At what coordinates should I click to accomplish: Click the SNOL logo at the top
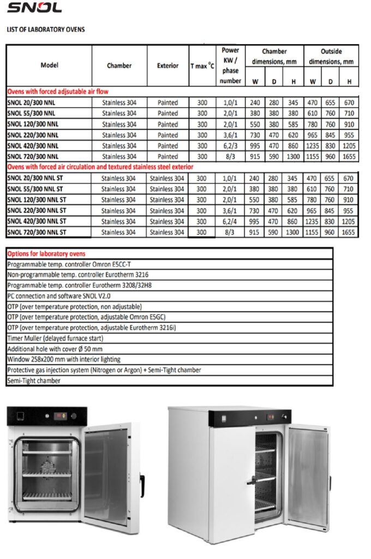34,7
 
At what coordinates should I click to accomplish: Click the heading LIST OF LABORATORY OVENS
46,29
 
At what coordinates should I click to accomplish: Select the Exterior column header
167,66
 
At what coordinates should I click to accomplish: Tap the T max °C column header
202,66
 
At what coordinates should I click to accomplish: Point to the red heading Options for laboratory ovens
46,254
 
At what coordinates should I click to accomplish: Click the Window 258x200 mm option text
64,359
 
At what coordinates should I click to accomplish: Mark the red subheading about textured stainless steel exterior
100,167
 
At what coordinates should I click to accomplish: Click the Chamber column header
119,66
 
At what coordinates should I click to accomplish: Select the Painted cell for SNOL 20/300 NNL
167,102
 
